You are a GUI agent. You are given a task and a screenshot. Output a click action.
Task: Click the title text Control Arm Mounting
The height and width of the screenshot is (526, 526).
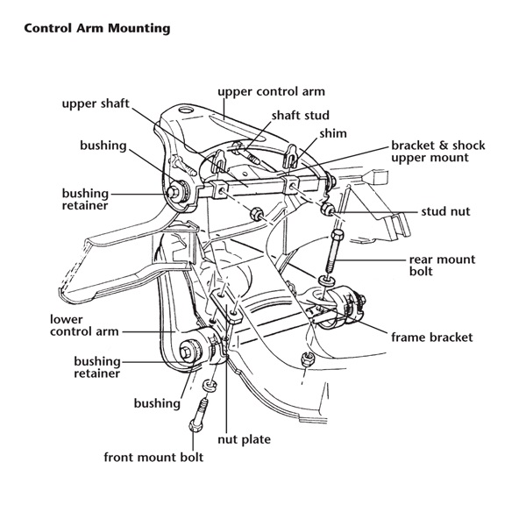click(96, 27)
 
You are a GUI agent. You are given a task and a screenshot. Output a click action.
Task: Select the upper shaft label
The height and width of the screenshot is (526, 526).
click(96, 103)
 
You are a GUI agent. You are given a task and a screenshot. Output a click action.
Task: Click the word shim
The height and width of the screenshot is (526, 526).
click(334, 133)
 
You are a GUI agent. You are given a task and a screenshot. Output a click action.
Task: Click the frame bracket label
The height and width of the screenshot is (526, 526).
click(432, 337)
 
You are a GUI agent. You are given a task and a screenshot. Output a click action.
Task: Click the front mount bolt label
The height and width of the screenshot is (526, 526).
click(153, 458)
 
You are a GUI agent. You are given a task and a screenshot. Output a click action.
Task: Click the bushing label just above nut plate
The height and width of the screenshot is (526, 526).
click(157, 404)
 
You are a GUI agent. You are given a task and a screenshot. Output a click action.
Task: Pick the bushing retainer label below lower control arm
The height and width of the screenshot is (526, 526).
click(97, 366)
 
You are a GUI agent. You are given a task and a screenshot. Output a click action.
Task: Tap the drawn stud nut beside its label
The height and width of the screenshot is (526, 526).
click(328, 212)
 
